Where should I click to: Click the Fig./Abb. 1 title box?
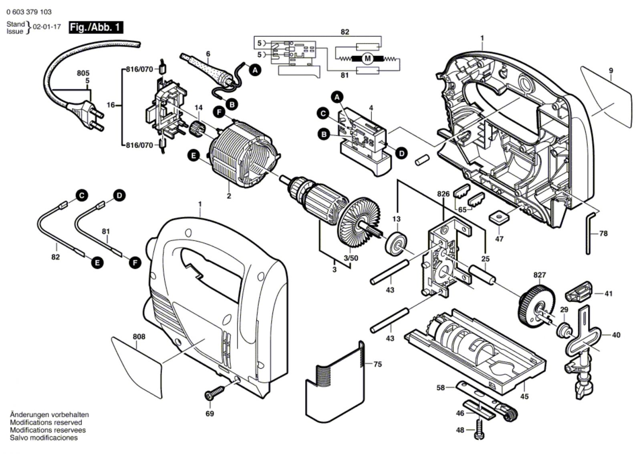[x=96, y=28]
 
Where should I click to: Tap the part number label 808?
[x=139, y=337]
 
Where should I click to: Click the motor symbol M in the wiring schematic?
[x=367, y=59]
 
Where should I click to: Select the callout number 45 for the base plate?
[x=524, y=396]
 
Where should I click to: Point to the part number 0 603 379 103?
[x=29, y=12]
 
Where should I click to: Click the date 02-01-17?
[x=47, y=27]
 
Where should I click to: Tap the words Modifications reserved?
[x=46, y=422]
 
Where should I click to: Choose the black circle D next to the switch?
[x=401, y=153]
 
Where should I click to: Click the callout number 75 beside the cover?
[x=377, y=364]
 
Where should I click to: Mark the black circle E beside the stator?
[x=194, y=155]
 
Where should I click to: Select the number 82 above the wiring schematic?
[x=345, y=32]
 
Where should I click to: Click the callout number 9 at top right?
[x=611, y=71]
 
